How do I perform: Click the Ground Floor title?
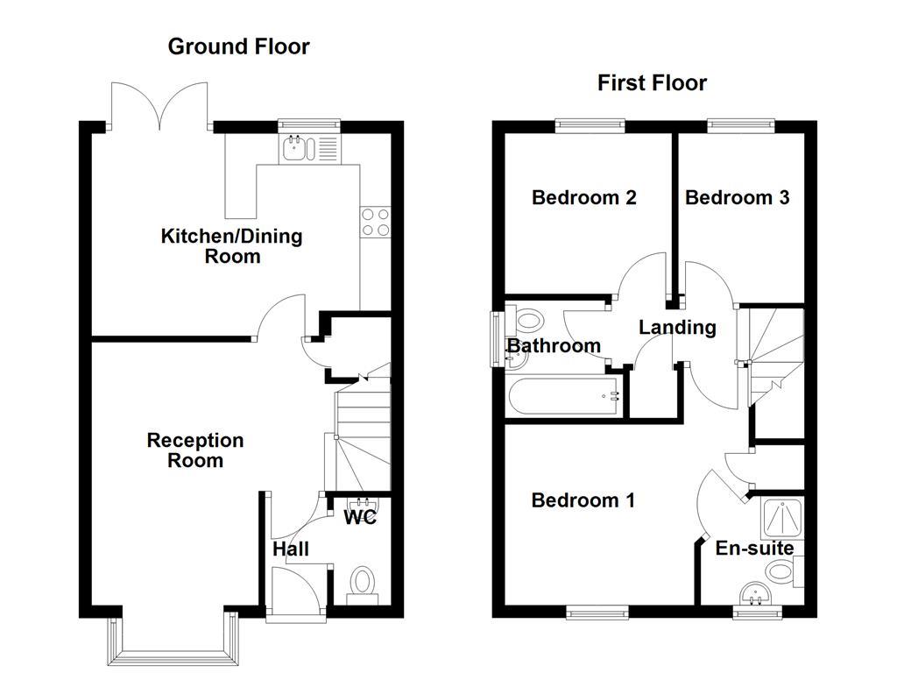coord(238,46)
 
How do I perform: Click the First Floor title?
coord(652,83)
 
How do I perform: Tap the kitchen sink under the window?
coord(295,150)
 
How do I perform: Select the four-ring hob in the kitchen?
coord(376,221)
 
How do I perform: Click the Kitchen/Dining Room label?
coord(232,246)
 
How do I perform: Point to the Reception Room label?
coord(195,450)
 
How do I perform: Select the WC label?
coord(359,518)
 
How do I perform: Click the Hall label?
coord(290,549)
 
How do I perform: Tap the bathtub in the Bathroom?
coord(562,397)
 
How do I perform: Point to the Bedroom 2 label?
coord(583,197)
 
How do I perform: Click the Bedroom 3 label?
coord(737,197)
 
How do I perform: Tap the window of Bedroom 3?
coord(741,125)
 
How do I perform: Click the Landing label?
coord(677,328)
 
